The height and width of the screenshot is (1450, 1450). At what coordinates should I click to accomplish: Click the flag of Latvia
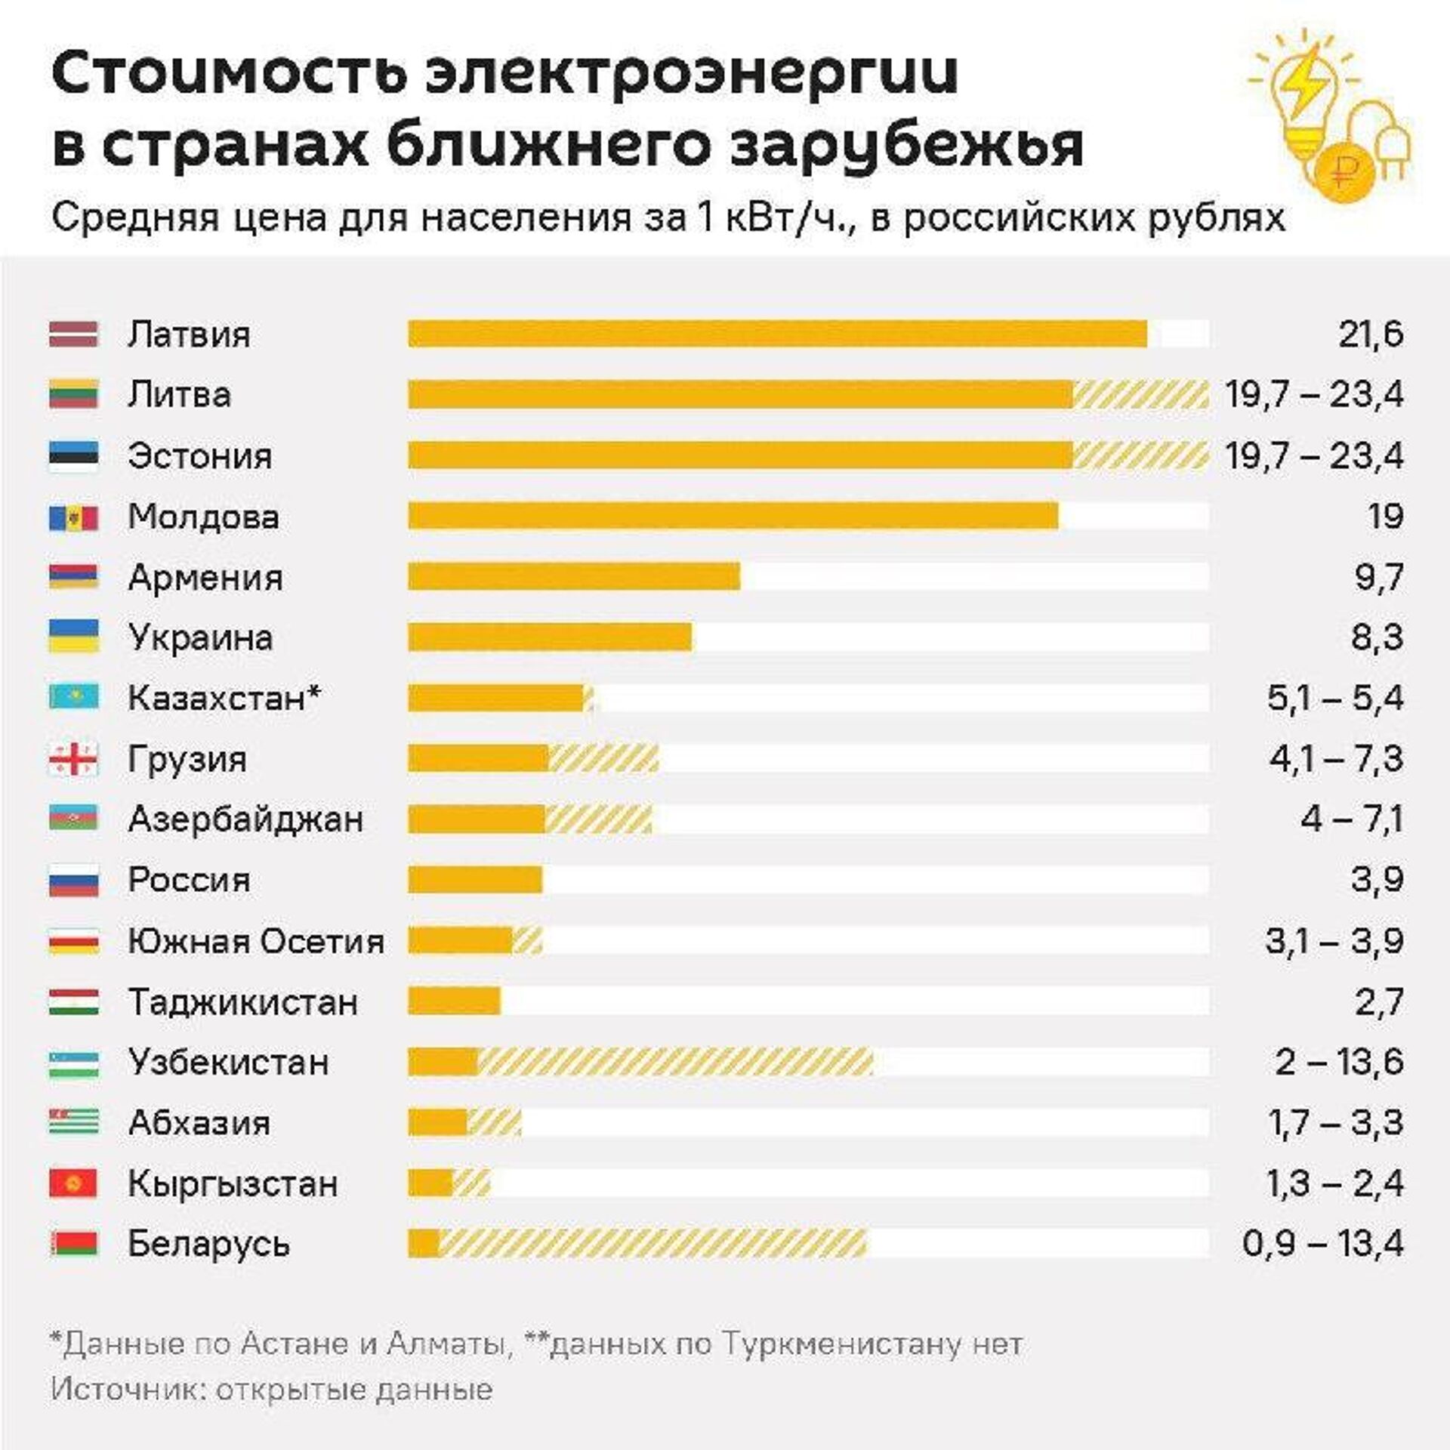73,334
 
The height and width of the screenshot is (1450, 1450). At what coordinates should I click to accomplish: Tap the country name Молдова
203,517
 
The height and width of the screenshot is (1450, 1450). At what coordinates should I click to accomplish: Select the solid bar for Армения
574,577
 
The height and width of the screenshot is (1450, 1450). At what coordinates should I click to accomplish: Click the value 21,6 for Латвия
1371,335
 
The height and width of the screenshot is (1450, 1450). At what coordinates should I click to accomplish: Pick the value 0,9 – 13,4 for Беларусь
1323,1244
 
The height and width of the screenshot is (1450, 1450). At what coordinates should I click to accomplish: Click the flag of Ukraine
73,637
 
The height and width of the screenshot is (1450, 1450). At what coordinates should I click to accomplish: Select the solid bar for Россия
475,880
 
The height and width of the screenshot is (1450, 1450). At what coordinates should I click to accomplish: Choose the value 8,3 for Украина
1377,637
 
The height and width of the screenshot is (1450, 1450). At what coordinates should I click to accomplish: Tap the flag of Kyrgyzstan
73,1183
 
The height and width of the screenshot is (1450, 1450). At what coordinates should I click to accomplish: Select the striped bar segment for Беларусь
653,1244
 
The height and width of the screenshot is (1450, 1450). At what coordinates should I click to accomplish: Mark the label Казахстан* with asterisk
224,699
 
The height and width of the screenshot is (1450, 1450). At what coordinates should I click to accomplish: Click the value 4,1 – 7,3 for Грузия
1335,759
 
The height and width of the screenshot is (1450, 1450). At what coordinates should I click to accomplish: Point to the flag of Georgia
73,759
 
